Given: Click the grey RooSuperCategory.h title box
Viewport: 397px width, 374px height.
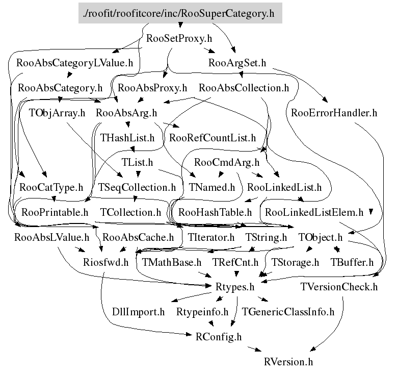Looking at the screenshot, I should pos(180,14).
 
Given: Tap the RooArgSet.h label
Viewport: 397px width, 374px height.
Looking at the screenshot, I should pos(237,63).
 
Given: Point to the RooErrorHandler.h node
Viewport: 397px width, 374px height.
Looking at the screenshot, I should pos(334,113).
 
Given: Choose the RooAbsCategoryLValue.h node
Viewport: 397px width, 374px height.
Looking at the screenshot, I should pos(75,63).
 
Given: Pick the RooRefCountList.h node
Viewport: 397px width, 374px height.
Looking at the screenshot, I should pos(213,137).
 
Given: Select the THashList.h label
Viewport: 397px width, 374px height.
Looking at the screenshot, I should pos(127,137).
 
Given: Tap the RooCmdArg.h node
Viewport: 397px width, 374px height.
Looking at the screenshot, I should pos(227,162).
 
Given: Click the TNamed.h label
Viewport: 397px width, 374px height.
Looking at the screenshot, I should pos(212,187).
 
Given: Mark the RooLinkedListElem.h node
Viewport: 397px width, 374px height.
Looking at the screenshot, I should pos(314,212).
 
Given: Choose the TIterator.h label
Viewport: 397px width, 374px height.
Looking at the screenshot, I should pos(211,237).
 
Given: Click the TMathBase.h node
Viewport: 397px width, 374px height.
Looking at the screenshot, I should pos(172,262).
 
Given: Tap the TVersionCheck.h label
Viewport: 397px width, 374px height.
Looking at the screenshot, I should pos(339,287).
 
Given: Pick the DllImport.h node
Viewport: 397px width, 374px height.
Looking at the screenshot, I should pos(139,312).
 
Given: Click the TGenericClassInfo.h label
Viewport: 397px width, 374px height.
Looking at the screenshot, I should pos(288,312).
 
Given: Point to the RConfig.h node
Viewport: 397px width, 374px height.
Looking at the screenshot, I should pos(219,337).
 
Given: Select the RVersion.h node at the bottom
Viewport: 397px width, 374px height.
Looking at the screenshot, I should pos(288,362).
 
